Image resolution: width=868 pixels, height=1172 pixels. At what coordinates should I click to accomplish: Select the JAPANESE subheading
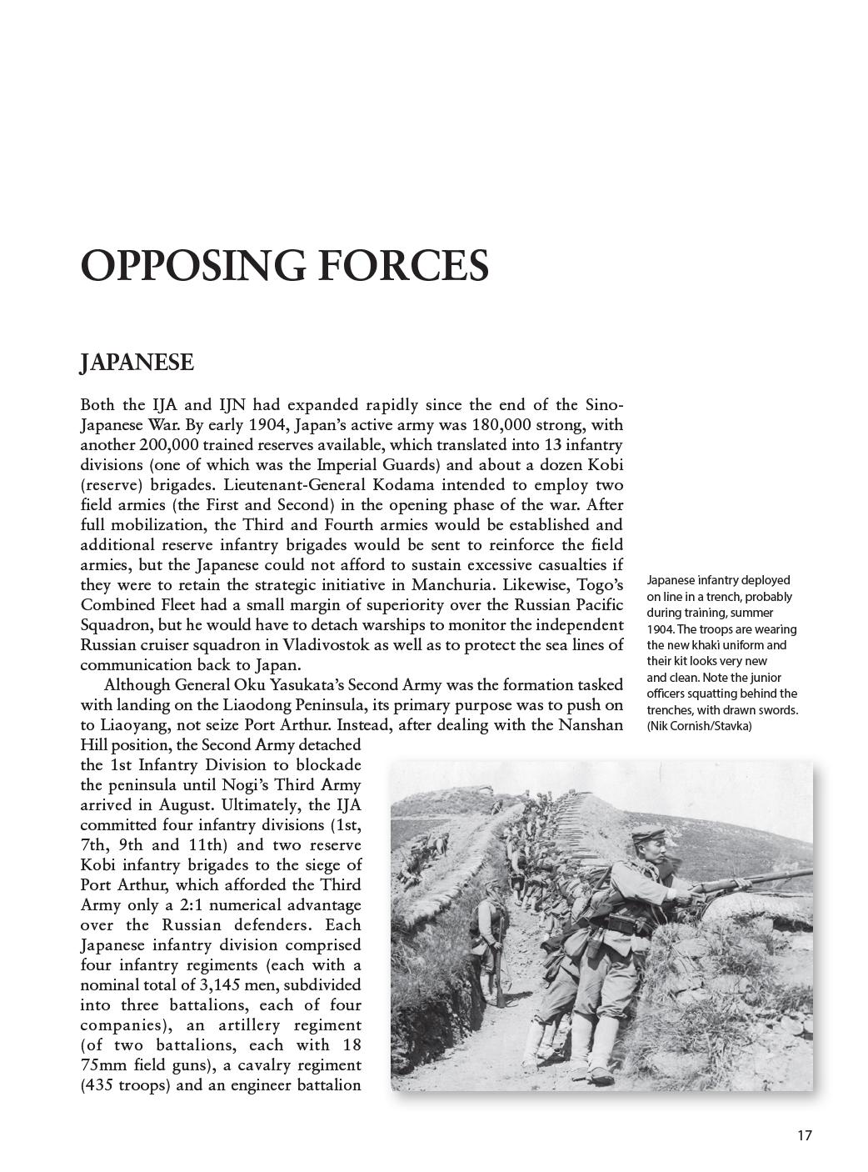[x=137, y=363]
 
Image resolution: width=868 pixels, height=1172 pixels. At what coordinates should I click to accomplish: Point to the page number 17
[x=804, y=1134]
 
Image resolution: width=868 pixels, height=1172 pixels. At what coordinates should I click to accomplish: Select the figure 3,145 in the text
[x=221, y=985]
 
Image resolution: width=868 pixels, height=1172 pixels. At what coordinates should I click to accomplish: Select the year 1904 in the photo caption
[x=661, y=629]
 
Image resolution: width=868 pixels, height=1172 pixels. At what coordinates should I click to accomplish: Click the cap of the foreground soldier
[x=646, y=834]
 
